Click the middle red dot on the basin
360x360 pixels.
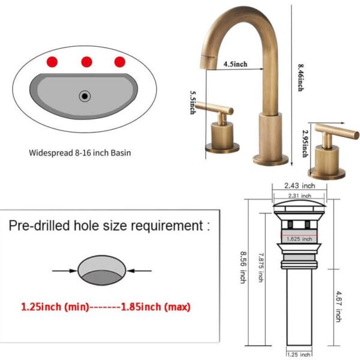pos(86,62)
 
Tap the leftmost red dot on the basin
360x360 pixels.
pos(52,62)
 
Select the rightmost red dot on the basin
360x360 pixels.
pos(120,62)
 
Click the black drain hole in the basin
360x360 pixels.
pos(85,96)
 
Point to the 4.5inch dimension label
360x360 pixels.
pos(236,64)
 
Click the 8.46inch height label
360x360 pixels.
pos(301,77)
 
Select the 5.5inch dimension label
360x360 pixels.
pos(193,103)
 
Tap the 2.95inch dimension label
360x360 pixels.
pos(305,144)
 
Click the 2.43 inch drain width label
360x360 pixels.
pos(299,185)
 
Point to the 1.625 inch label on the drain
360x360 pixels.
pos(299,239)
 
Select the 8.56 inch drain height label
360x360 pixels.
pos(243,268)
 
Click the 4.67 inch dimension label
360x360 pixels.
pos(338,307)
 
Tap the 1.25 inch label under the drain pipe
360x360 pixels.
pos(299,355)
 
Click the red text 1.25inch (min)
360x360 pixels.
pos(55,307)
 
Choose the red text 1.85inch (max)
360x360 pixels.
pos(155,307)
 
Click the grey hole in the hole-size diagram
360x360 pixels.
pos(102,270)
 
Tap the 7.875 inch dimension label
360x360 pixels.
pos(261,268)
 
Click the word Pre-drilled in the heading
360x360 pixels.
pos(39,226)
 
